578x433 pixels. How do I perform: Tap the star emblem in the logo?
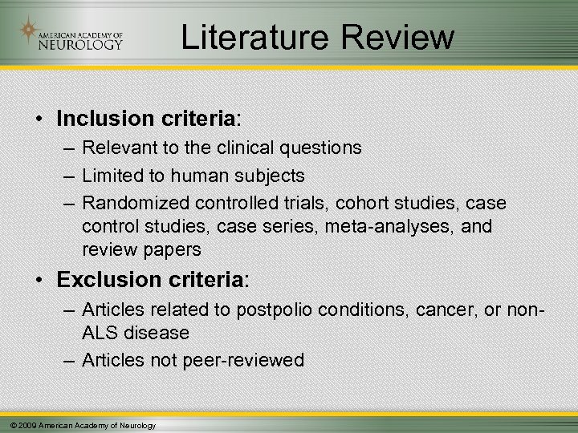coord(30,31)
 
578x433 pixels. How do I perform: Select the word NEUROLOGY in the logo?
coord(80,44)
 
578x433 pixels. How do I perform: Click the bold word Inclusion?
coord(100,119)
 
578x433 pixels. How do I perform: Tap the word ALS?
coord(100,333)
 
